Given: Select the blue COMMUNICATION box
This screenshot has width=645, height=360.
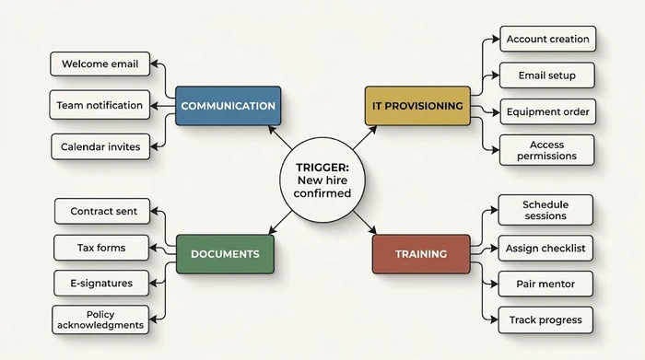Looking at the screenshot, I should tap(228, 106).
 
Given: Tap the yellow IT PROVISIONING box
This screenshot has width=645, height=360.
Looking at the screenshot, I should tap(417, 106).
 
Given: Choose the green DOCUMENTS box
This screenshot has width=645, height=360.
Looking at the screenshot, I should tap(225, 253).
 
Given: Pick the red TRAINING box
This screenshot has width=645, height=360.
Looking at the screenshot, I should tap(421, 253).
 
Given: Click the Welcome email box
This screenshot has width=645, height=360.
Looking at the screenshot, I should tap(100, 64).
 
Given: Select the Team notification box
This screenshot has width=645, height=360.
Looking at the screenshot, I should tap(100, 105).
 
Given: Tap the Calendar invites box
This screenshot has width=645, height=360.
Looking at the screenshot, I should tap(100, 146).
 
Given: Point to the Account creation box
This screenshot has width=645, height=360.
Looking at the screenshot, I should tap(547, 40).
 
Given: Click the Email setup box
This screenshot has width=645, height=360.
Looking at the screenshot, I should tap(547, 75).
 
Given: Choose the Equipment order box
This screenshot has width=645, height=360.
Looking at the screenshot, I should tap(547, 112).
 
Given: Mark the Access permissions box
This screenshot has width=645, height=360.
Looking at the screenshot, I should tap(547, 150).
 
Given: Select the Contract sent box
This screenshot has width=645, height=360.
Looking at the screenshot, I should tap(104, 211).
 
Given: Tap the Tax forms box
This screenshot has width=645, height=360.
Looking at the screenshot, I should tap(101, 248).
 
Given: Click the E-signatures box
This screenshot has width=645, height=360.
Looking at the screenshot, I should tap(101, 284).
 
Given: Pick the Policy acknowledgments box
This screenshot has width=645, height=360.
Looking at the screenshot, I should tap(101, 319).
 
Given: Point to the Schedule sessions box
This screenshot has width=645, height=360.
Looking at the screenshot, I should tap(545, 210).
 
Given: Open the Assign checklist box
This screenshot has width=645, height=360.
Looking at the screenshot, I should tap(545, 248).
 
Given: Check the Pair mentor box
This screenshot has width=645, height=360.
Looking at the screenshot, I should tap(545, 284).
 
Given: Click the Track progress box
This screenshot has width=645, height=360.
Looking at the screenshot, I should tap(545, 319).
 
